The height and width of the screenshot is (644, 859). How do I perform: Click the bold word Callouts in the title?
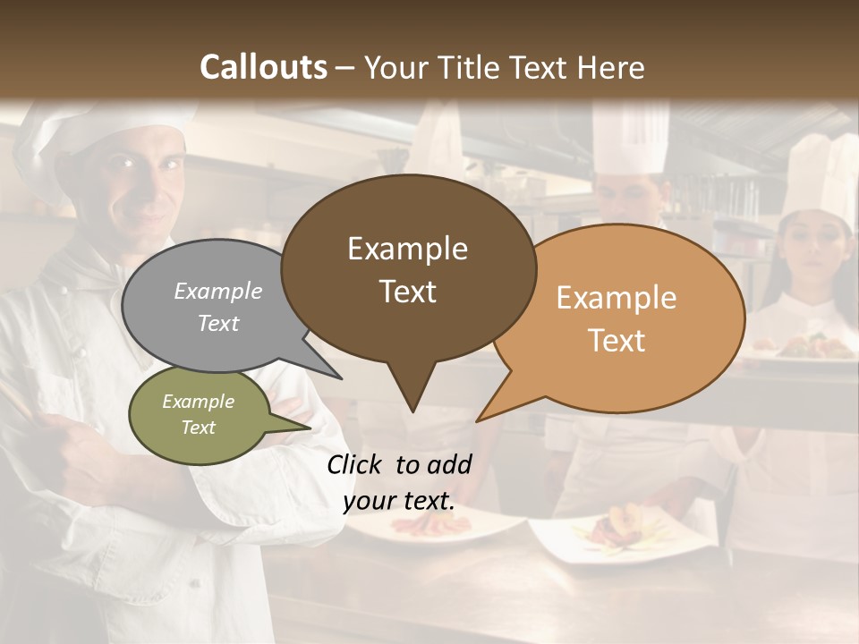point(264,67)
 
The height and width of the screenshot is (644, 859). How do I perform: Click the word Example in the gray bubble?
point(217,292)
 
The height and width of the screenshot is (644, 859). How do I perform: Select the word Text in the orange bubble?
point(617,341)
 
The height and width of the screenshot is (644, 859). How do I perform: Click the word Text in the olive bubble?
point(198,428)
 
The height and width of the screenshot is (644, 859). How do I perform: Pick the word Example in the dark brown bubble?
point(407,249)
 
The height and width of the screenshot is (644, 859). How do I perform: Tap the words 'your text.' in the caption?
point(399,501)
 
